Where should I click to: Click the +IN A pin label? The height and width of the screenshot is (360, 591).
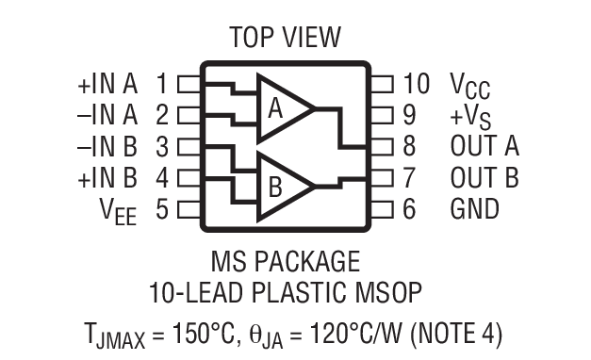[x=107, y=84]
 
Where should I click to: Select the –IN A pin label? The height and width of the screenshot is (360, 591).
[x=107, y=115]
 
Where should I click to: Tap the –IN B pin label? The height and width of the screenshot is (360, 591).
[x=107, y=147]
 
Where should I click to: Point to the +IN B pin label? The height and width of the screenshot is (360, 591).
[x=107, y=178]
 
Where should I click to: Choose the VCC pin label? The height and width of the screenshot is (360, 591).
[x=469, y=86]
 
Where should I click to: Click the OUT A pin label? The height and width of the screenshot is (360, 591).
[x=484, y=147]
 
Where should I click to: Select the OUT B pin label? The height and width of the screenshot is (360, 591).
[x=484, y=178]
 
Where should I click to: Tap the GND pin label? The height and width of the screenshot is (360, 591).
[x=474, y=209]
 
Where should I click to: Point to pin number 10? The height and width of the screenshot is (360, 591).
[x=416, y=84]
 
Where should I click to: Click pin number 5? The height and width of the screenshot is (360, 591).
[x=162, y=209]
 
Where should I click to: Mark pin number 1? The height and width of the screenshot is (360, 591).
[x=162, y=84]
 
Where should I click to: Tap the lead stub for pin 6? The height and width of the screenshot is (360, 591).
[x=381, y=209]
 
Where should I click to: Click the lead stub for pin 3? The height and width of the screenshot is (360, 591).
[x=189, y=147]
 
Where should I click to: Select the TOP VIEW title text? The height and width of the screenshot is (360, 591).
[x=285, y=38]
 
